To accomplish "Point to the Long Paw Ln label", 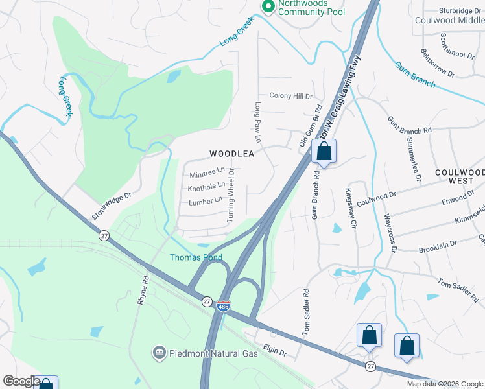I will point(257,123).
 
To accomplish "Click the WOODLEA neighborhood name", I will point(231,154).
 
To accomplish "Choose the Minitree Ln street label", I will point(207,173).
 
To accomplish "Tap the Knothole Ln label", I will point(206,187).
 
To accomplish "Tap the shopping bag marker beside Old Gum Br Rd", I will point(324,153).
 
